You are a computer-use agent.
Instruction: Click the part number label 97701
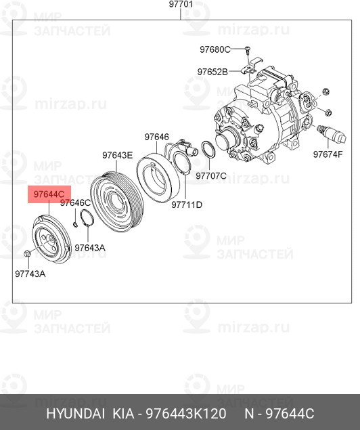(181, 5)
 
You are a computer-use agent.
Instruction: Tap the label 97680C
(215, 49)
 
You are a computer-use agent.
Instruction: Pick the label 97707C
(211, 175)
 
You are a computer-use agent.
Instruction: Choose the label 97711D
(187, 205)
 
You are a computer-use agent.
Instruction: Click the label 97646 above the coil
(156, 137)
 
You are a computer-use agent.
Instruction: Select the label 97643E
(118, 155)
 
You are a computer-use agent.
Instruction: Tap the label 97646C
(74, 202)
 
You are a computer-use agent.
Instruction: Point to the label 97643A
(90, 248)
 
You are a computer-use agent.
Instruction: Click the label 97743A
(30, 274)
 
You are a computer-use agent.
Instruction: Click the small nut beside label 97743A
(25, 254)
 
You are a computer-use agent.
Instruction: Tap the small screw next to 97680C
(248, 49)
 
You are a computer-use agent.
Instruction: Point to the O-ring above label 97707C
(209, 150)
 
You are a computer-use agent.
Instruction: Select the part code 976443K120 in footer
(183, 414)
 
